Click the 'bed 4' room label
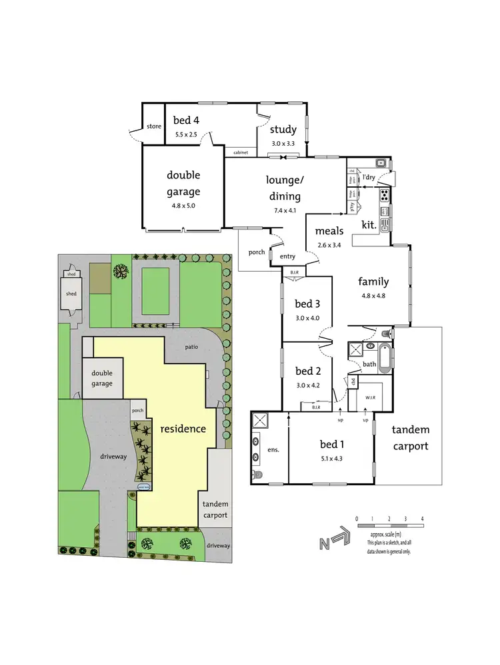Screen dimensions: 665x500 click(x=186, y=120)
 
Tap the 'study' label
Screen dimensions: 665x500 click(x=283, y=130)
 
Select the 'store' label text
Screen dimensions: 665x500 click(x=154, y=126)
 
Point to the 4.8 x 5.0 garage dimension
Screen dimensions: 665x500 click(x=183, y=206)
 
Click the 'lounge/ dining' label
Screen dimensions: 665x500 click(x=283, y=188)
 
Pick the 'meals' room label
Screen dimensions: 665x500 click(x=329, y=231)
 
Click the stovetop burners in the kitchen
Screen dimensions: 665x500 click(x=385, y=195)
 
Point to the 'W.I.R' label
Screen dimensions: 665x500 click(x=371, y=397)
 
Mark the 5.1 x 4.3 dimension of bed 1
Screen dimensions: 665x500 click(x=331, y=458)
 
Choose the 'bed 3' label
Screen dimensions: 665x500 click(x=307, y=304)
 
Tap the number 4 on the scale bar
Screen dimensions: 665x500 click(x=422, y=518)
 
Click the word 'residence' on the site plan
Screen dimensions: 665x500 click(x=183, y=429)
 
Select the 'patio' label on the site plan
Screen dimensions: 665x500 click(x=193, y=347)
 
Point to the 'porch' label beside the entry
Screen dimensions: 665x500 click(x=256, y=252)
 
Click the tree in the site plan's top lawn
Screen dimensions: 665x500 click(x=121, y=271)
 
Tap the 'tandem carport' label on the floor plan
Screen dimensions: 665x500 click(x=410, y=438)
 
